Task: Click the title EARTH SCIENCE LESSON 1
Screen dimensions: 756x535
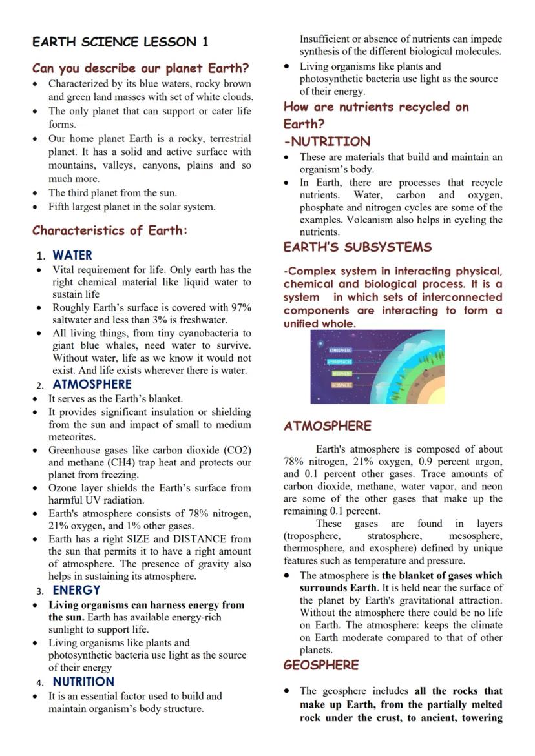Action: tap(120, 42)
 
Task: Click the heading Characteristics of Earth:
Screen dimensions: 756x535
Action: tap(110, 230)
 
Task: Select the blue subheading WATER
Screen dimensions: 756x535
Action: tap(72, 255)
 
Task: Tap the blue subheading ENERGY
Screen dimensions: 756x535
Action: tap(76, 590)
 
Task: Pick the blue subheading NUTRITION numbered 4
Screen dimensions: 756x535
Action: tap(83, 682)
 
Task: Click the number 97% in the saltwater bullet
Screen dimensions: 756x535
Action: tap(240, 308)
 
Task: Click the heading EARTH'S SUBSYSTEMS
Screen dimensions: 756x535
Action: tap(357, 247)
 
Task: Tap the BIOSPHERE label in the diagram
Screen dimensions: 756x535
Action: tap(342, 373)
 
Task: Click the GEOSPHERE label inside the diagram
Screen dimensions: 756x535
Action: tap(341, 385)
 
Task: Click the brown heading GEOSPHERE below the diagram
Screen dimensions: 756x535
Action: tap(321, 665)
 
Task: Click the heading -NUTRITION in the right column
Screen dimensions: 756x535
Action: tap(327, 141)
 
